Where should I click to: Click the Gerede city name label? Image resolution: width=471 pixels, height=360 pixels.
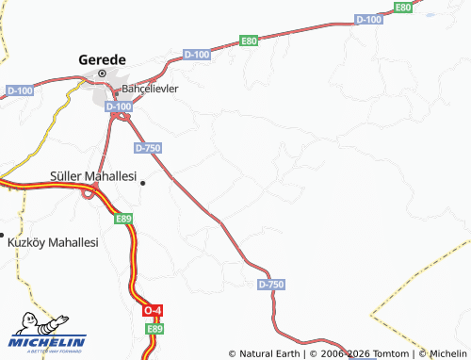point(101,57)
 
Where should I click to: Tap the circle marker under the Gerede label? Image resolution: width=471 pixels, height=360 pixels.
point(101,73)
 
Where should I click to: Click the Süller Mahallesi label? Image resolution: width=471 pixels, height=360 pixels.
point(92,176)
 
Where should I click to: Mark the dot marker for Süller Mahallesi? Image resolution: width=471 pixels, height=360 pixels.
point(142,184)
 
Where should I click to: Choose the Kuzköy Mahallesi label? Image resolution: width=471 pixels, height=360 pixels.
point(53,242)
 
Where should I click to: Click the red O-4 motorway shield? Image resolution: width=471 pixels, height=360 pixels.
point(152,310)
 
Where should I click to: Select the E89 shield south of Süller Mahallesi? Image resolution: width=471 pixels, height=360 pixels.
point(123,219)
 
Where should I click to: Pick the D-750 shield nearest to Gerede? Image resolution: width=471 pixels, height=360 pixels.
point(148,148)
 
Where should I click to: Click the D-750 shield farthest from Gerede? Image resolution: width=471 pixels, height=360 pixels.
point(270,284)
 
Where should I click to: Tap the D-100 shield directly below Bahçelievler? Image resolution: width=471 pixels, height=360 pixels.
point(119,107)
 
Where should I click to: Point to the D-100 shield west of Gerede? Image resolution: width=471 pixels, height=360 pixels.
point(19,90)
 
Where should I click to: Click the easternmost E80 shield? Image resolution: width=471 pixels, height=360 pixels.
point(403,7)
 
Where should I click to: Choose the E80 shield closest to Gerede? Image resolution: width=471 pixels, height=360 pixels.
point(249,41)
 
